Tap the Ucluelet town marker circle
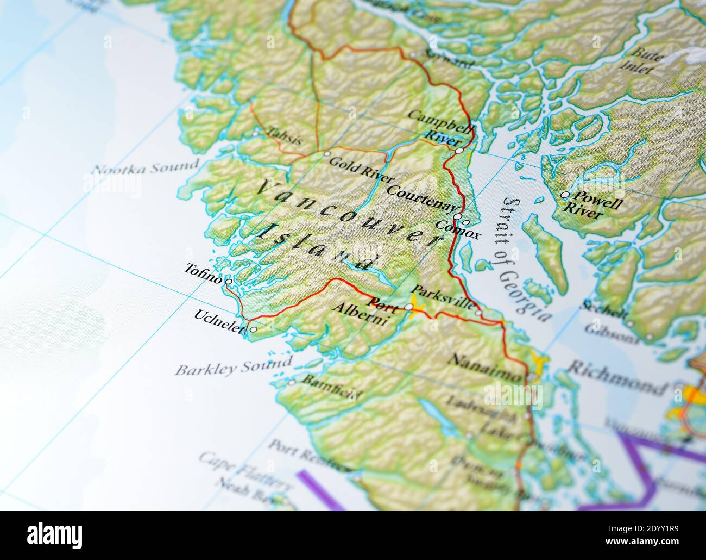click(253, 329)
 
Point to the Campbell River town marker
click(459, 151)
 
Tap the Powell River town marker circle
click(565, 195)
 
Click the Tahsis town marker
click(256, 132)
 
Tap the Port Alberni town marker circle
click(408, 308)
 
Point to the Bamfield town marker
click(292, 383)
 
